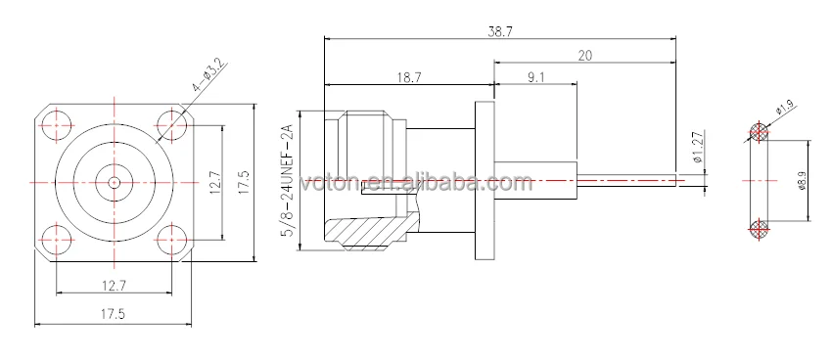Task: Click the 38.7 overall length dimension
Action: coord(500,30)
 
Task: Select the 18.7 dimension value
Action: coord(408,77)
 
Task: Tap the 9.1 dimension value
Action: coord(535,77)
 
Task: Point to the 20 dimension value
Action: coord(585,55)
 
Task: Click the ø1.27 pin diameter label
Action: coord(698,147)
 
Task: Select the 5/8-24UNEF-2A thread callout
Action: coord(289,180)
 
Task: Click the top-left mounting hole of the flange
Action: coord(55,125)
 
